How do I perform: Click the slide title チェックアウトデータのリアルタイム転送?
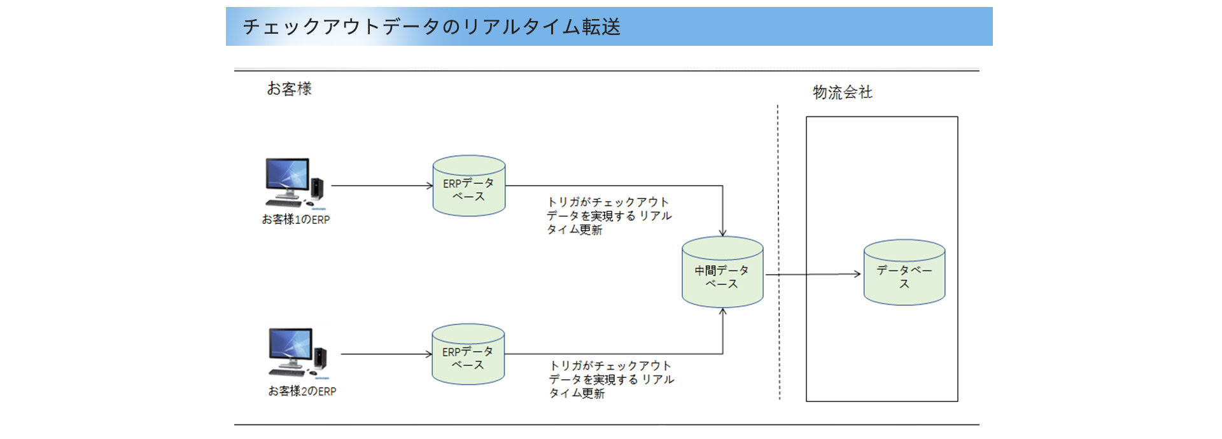coord(432,27)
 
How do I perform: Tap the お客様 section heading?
coord(289,88)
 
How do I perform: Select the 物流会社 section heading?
coord(842,92)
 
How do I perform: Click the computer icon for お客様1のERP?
coord(295,183)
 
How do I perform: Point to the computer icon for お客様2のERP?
coord(298,354)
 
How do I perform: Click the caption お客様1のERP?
coord(296,219)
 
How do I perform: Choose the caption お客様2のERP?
coord(302,391)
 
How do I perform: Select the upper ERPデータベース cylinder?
coord(469,186)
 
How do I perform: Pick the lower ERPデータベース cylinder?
coord(468,354)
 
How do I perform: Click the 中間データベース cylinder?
coord(722,272)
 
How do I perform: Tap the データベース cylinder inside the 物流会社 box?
coord(904,272)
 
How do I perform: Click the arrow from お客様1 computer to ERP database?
coord(382,186)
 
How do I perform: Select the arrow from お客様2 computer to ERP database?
coord(386,354)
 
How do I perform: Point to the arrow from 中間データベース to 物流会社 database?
coord(813,274)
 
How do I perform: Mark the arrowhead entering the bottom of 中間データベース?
coord(722,312)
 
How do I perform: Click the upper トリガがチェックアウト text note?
coord(609,216)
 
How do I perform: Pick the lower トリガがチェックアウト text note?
coord(612,379)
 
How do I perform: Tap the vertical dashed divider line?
coord(778,253)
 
